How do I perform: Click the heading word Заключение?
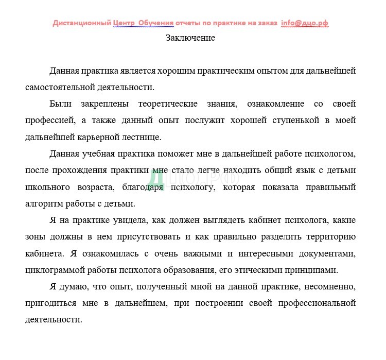click(190, 38)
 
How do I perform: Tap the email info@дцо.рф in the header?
click(305, 23)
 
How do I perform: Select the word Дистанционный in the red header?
click(82, 23)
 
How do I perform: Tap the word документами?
click(323, 253)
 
